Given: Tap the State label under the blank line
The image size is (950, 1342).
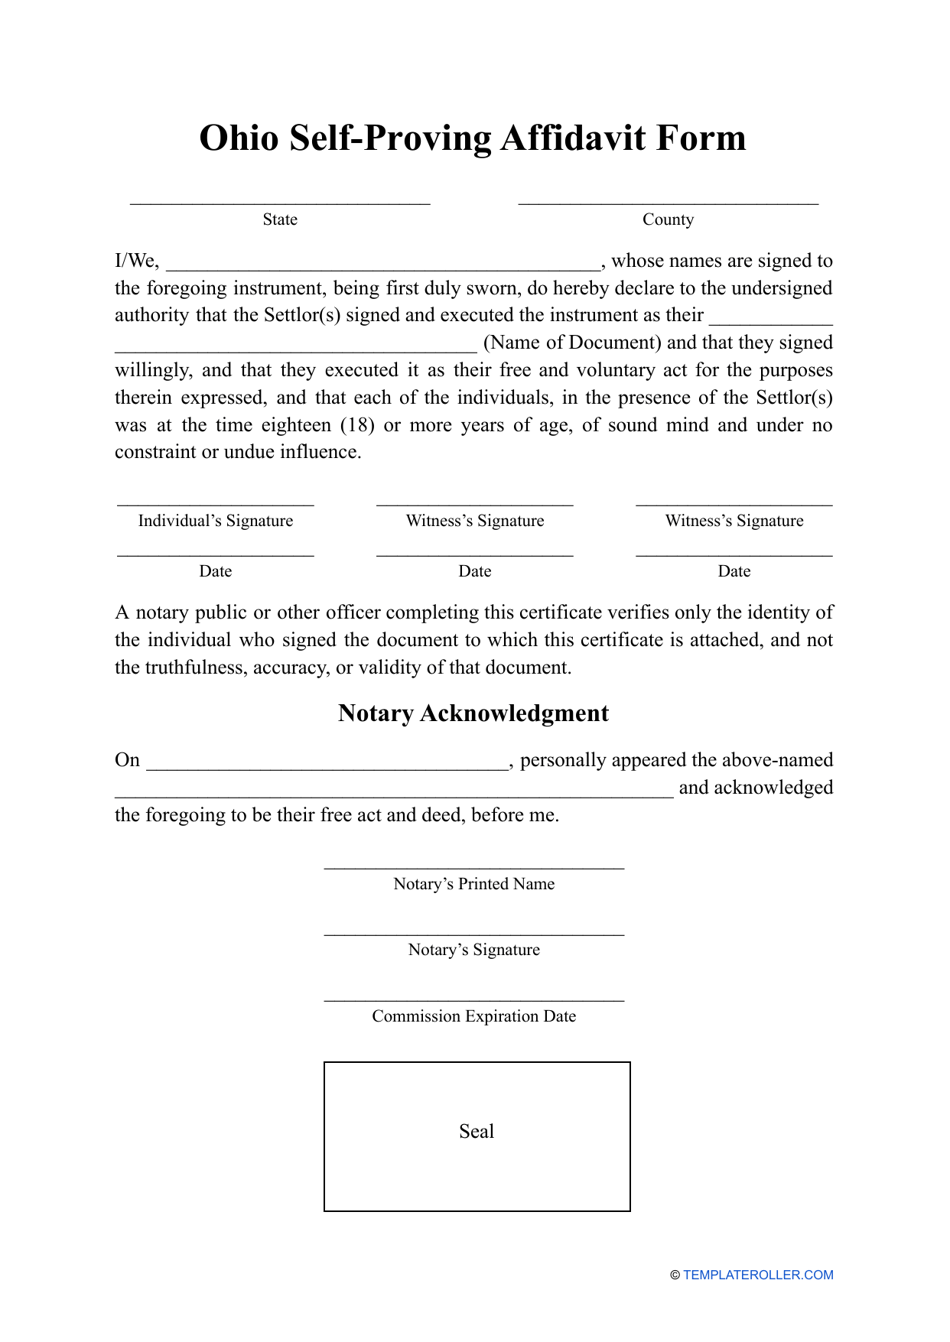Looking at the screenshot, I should click(280, 220).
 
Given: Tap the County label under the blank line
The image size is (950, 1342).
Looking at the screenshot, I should click(668, 220).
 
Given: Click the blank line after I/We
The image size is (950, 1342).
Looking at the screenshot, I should click(383, 265).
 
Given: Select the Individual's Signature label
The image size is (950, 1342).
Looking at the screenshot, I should click(215, 521).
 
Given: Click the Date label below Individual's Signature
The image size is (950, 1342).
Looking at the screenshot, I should click(215, 571).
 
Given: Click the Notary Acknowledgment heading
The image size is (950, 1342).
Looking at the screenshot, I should click(473, 713).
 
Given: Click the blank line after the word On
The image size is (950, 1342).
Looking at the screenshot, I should click(327, 765).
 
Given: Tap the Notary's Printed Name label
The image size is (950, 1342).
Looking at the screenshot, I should click(473, 884).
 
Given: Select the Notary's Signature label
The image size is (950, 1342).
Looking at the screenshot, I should click(473, 950).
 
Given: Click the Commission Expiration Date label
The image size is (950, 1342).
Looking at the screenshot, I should click(473, 1016).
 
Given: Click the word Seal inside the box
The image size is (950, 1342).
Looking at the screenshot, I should click(476, 1132).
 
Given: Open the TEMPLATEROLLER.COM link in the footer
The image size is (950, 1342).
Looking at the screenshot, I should click(757, 1275).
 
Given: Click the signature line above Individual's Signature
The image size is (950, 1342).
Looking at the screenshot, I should click(215, 504).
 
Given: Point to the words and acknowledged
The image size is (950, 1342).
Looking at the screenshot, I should click(755, 788).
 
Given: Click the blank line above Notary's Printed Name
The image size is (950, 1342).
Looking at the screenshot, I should click(473, 867).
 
